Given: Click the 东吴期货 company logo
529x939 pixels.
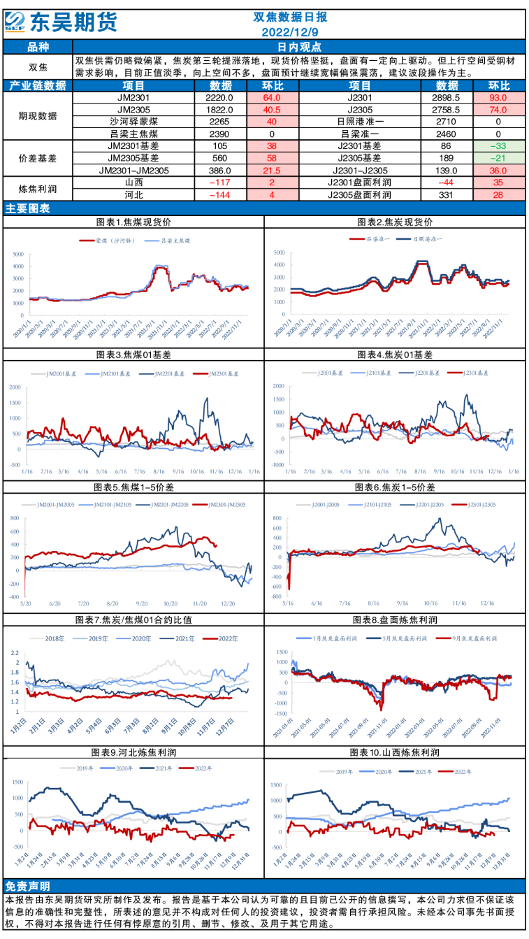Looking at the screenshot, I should (x=61, y=21).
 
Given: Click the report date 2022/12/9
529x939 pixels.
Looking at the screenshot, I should (x=289, y=32).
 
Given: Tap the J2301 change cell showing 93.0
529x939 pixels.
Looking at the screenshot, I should (x=498, y=98).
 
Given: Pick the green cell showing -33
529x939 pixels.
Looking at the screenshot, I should (x=498, y=145).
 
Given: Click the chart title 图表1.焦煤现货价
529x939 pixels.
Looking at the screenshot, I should (x=133, y=222).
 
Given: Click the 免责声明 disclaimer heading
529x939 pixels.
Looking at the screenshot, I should (x=26, y=884).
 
